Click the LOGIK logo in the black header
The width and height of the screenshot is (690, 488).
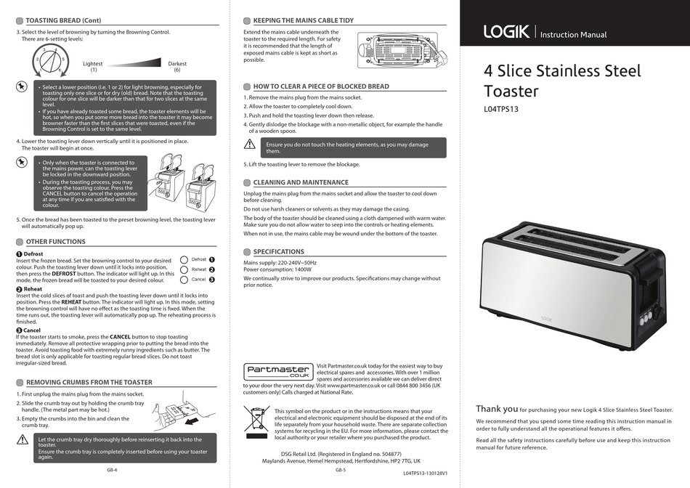click(506, 32)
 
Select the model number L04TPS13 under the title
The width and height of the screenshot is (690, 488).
click(501, 110)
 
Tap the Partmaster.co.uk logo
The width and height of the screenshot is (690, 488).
click(278, 372)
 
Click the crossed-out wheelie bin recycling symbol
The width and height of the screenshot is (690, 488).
click(256, 423)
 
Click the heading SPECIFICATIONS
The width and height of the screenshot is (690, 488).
click(278, 251)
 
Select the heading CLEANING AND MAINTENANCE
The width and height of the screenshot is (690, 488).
click(300, 182)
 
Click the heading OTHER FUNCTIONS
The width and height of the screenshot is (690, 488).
click(55, 241)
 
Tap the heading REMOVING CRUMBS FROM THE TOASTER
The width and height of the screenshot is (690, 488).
click(89, 382)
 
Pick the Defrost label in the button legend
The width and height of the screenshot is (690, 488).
click(198, 259)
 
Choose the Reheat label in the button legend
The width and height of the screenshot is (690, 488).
click(198, 269)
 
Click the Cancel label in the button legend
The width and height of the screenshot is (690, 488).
click(198, 280)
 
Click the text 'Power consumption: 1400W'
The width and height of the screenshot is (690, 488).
click(275, 269)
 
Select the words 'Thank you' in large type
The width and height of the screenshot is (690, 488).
click(497, 409)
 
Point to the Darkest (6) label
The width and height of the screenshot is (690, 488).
click(177, 67)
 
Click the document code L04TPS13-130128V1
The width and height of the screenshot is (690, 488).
click(425, 473)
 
